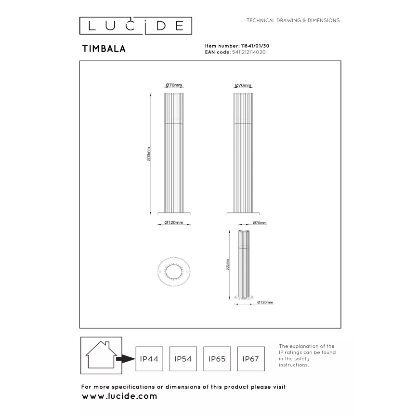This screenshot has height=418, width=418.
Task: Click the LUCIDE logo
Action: tap(135, 25)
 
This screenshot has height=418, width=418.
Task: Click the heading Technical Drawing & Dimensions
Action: tap(293, 21)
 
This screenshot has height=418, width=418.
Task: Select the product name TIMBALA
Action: tap(104, 49)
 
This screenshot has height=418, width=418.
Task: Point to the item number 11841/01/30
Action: tap(261, 45)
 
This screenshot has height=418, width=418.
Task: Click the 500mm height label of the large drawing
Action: tap(149, 154)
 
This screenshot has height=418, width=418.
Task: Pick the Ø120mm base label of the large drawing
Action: tap(174, 223)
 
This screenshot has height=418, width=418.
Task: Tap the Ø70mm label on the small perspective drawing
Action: tap(259, 223)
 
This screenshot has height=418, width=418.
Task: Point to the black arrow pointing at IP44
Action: tap(125, 359)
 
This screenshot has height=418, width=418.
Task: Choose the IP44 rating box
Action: tap(149, 359)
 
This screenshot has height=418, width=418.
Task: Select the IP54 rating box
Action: tap(183, 359)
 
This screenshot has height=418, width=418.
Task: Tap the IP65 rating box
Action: tap(217, 359)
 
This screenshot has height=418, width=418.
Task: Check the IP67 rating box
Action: tap(251, 359)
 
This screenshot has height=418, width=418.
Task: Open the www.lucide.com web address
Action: tap(119, 396)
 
